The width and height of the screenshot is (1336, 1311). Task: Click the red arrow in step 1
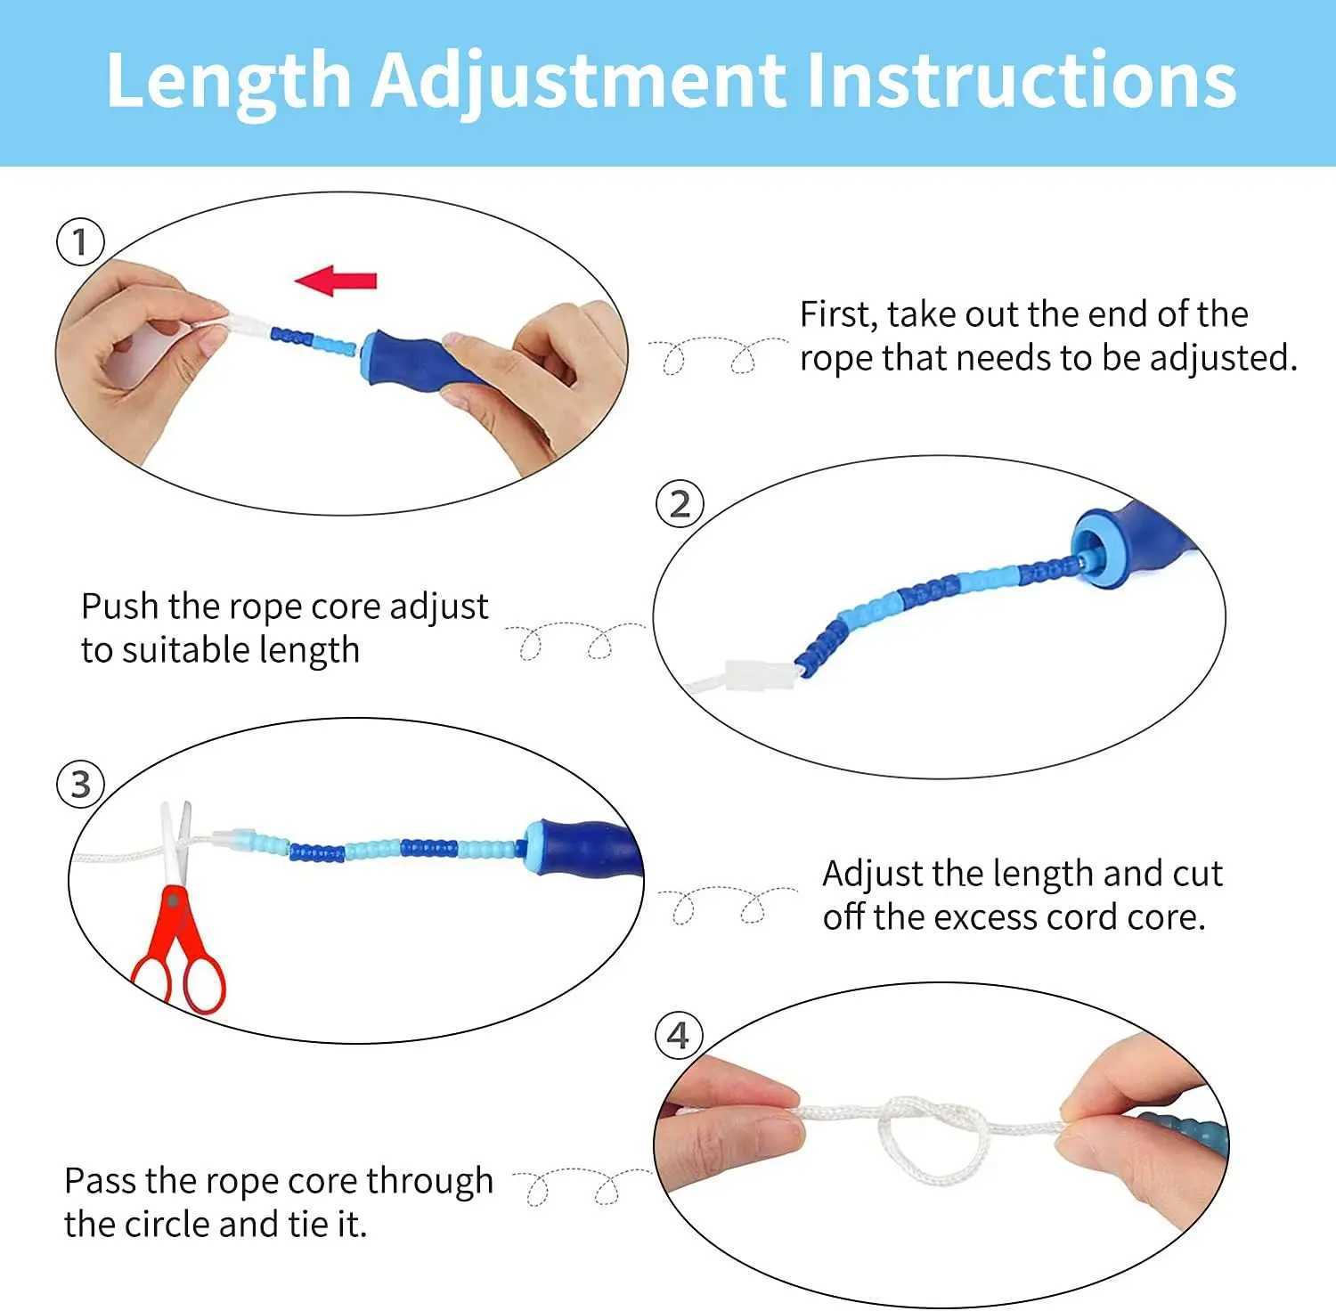tap(335, 281)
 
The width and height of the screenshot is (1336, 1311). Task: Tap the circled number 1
tap(81, 242)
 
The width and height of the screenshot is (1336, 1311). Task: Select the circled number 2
tap(680, 504)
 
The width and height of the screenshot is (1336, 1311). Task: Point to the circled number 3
tap(81, 785)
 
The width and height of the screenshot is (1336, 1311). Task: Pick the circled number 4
tap(679, 1036)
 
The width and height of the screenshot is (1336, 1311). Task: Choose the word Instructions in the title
tap(1021, 80)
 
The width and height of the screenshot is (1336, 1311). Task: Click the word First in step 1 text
tap(837, 315)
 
